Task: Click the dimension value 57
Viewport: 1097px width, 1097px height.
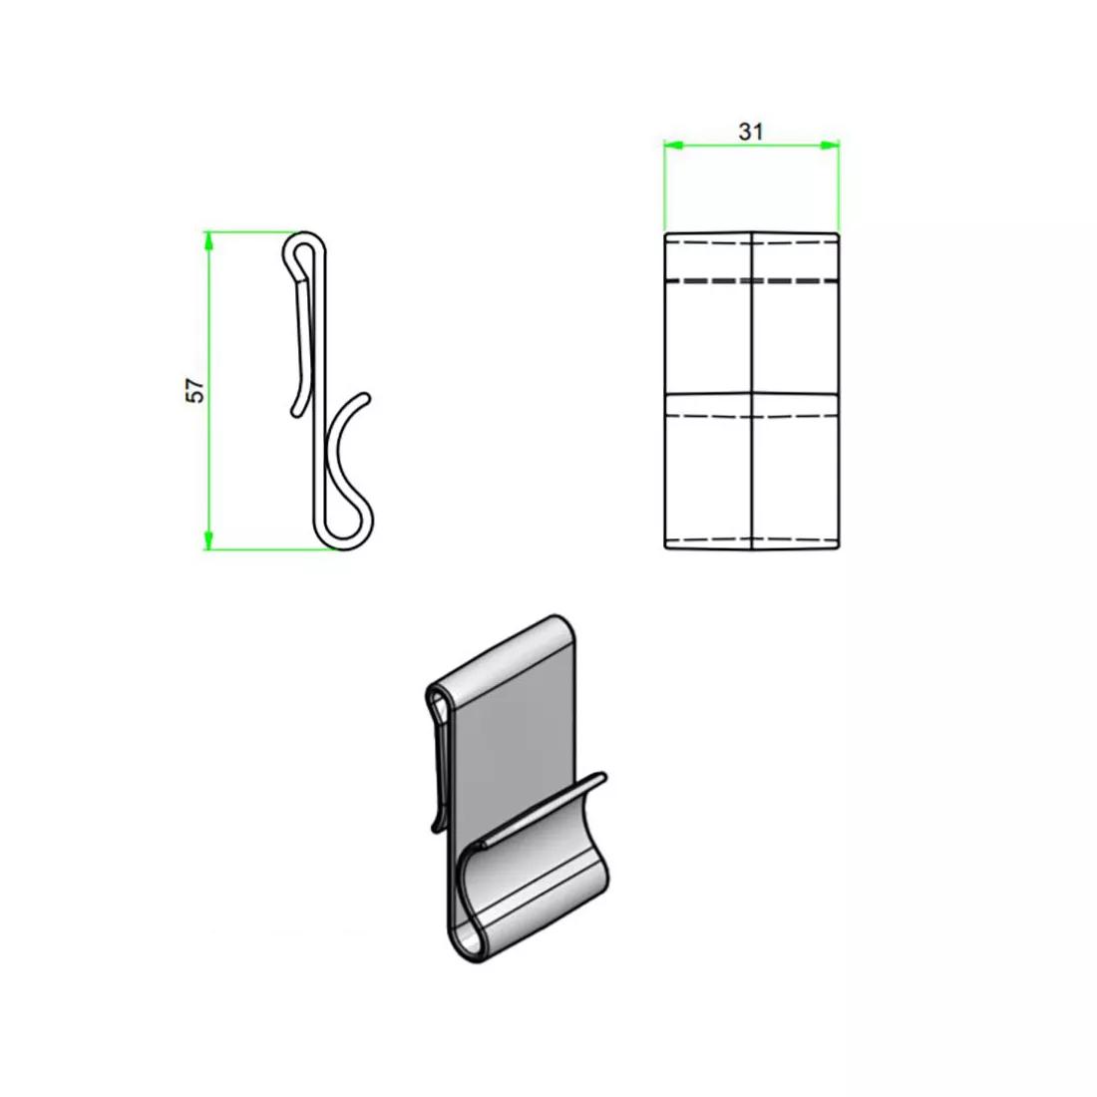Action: (197, 390)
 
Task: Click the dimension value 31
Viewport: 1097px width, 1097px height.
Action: (751, 132)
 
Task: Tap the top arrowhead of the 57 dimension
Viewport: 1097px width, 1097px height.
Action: (208, 238)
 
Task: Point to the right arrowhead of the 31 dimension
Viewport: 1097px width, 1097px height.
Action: (831, 146)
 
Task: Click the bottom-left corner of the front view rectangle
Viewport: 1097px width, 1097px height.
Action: (665, 548)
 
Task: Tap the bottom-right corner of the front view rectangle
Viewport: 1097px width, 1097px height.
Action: (838, 548)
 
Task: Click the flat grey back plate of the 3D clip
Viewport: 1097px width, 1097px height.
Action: (509, 738)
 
